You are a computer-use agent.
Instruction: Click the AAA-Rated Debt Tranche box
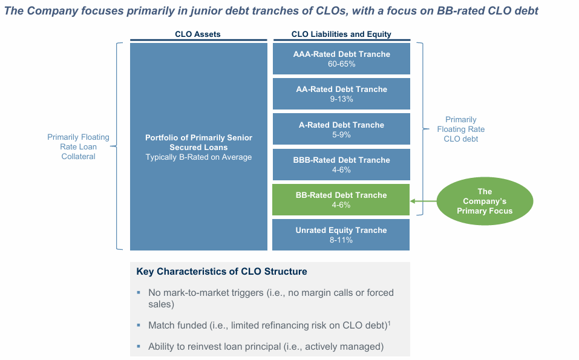[341, 59]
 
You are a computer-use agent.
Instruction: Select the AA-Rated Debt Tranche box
[341, 94]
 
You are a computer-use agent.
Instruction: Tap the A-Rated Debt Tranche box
[341, 129]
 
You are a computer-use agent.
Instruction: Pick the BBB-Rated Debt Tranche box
[341, 164]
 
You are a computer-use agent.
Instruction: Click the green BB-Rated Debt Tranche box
[341, 200]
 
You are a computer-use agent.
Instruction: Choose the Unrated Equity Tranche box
[341, 235]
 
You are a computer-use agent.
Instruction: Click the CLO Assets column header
[198, 34]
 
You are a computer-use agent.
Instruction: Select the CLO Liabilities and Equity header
[341, 34]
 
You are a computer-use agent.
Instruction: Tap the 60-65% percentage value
[341, 64]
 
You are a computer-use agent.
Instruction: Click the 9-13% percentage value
[341, 99]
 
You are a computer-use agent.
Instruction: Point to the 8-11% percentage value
[341, 240]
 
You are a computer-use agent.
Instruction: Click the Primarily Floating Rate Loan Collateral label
[79, 146]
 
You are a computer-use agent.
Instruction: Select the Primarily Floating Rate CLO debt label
[461, 129]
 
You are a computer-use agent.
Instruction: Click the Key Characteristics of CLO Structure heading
[221, 272]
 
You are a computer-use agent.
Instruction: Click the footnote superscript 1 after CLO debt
[389, 322]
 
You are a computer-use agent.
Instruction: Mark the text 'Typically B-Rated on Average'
[198, 157]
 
